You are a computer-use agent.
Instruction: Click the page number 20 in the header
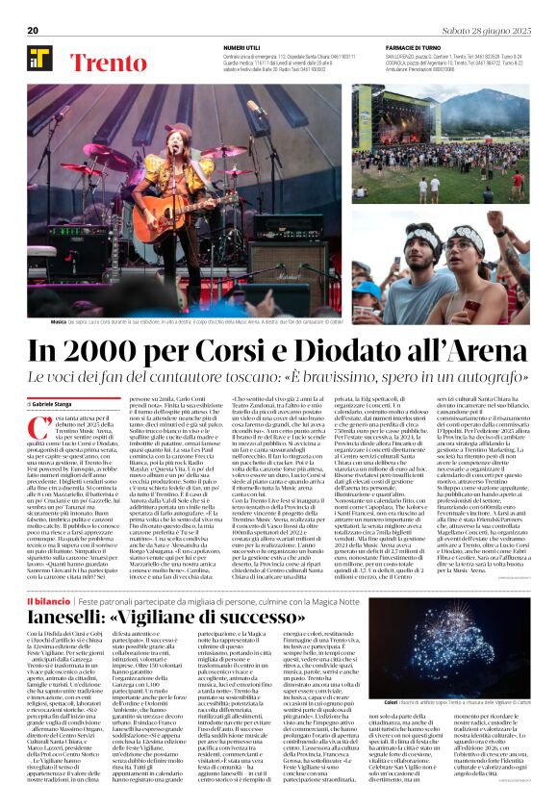pos(33,31)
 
